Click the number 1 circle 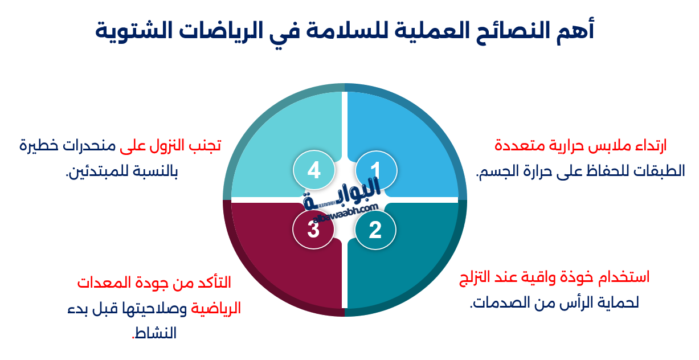pyautogui.click(x=375, y=170)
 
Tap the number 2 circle pyautogui.click(x=375, y=230)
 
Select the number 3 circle pyautogui.click(x=313, y=230)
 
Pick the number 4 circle pyautogui.click(x=313, y=170)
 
